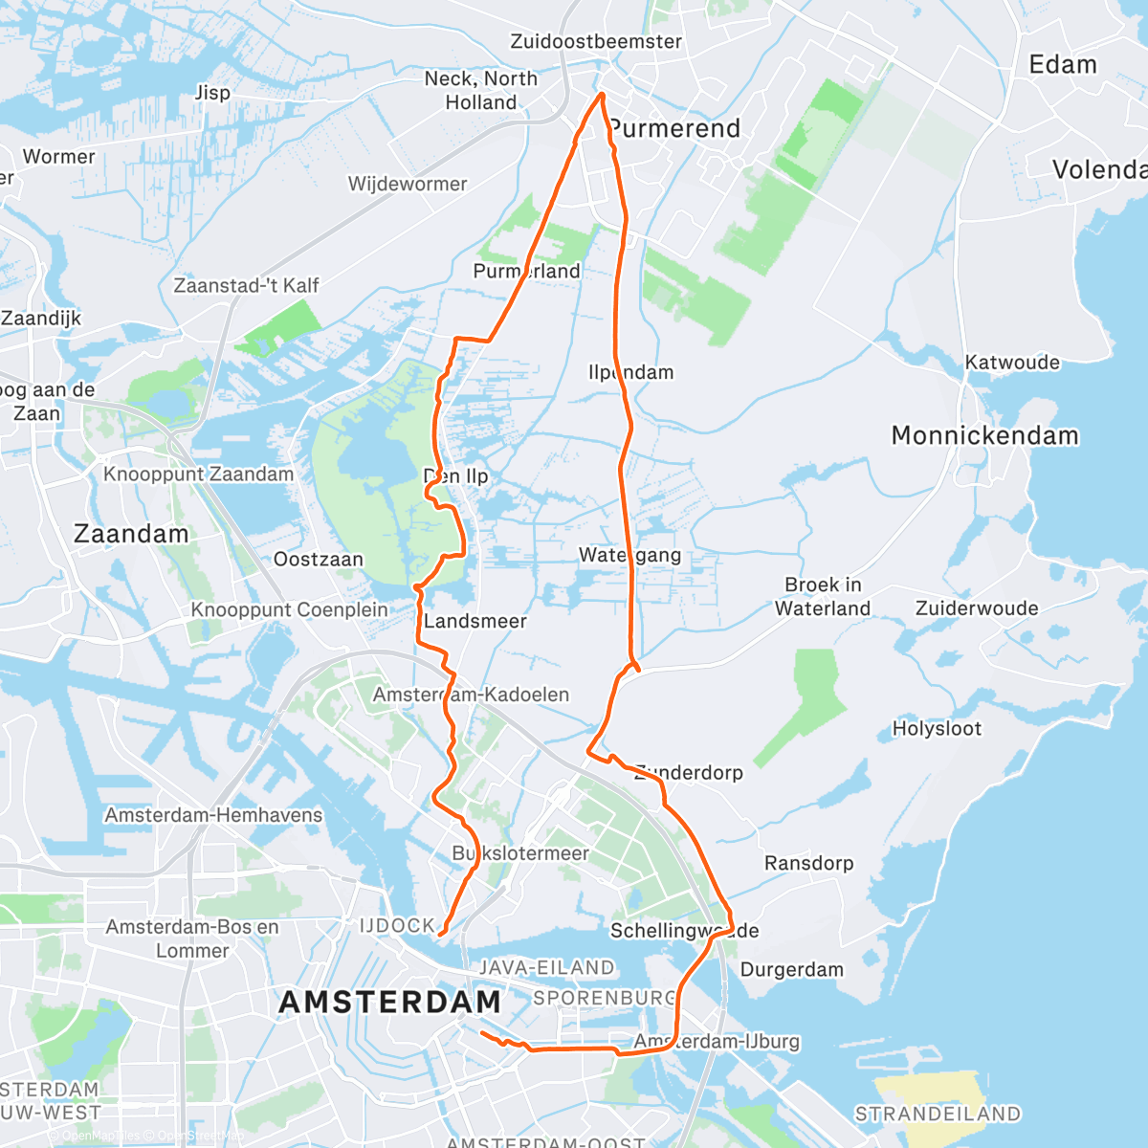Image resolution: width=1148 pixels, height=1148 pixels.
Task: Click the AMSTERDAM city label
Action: (x=390, y=1002)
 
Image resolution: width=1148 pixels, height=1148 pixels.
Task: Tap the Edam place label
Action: (x=1062, y=65)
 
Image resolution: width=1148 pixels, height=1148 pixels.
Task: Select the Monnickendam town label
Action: (x=984, y=435)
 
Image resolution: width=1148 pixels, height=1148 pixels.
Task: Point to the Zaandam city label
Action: (x=131, y=534)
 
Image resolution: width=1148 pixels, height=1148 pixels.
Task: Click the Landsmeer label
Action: (x=475, y=621)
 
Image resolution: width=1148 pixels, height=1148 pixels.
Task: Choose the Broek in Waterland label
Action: (x=823, y=596)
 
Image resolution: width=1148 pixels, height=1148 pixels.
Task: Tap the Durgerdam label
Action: (x=792, y=969)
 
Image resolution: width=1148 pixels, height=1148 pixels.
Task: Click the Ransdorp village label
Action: (x=808, y=863)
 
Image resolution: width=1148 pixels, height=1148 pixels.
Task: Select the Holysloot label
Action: (x=937, y=728)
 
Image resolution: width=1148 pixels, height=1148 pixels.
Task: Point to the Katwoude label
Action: (x=1012, y=362)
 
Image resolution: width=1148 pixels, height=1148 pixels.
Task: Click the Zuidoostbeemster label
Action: (x=596, y=41)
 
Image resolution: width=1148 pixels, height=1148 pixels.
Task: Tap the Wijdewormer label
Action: (x=408, y=184)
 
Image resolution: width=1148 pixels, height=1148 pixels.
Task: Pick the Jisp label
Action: (x=212, y=93)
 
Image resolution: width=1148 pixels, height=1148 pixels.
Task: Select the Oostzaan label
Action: (x=319, y=559)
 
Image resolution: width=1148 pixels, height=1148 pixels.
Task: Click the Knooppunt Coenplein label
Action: (x=289, y=609)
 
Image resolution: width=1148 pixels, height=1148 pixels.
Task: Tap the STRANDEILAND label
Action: (x=938, y=1114)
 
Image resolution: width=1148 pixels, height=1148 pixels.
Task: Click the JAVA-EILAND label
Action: (x=546, y=967)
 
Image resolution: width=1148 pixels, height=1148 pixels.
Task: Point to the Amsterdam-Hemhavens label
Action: (x=213, y=815)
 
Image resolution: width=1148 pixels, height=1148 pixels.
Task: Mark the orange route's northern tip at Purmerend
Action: (x=601, y=94)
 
